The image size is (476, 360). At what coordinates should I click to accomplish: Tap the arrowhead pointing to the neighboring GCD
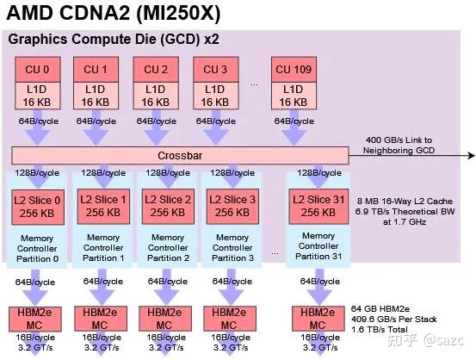coord(470,156)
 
